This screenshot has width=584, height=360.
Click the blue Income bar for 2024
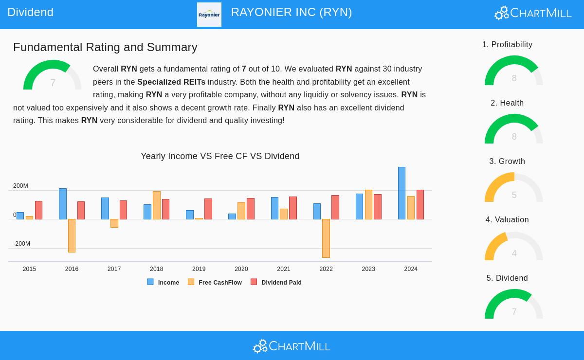point(401,193)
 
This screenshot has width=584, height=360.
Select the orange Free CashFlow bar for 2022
point(326,238)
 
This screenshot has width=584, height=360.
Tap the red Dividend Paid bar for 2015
point(38,210)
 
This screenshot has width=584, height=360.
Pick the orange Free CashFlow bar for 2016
point(72,235)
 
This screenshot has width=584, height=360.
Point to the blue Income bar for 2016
point(63,204)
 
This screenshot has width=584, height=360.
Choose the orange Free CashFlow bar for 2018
point(157,205)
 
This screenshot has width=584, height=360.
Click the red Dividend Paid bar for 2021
point(293,208)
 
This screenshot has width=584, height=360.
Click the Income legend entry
point(164,282)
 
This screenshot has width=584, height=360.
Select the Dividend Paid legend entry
point(276,282)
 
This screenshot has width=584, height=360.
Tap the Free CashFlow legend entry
point(215,282)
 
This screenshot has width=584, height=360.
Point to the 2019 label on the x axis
point(199,269)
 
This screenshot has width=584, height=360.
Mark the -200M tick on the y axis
point(21,244)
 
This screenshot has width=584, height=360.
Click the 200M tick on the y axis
point(20,186)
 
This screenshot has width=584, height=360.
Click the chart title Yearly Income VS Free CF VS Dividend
point(220,156)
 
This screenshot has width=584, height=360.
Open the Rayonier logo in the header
point(209,15)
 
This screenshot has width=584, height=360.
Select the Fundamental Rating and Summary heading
point(105,47)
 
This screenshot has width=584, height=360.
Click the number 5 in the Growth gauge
point(514,195)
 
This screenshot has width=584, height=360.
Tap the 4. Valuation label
point(507,220)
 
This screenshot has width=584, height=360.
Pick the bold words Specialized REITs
point(171,82)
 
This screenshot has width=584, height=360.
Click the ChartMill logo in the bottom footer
point(292,346)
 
